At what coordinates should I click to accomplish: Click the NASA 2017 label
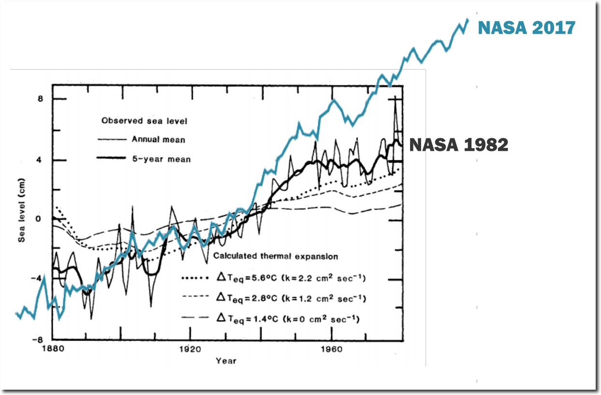[x=527, y=28]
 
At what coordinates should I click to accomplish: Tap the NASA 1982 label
[x=458, y=145]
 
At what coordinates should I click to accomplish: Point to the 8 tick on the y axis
[x=41, y=99]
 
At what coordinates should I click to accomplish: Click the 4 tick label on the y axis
[x=41, y=160]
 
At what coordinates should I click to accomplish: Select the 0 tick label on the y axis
[x=41, y=219]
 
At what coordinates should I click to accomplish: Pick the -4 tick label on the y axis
[x=39, y=278]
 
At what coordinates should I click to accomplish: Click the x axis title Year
[x=226, y=361]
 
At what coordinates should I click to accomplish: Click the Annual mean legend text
[x=158, y=140]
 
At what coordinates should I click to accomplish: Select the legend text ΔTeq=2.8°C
[x=290, y=298]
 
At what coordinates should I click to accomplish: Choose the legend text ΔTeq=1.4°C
[x=287, y=318]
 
